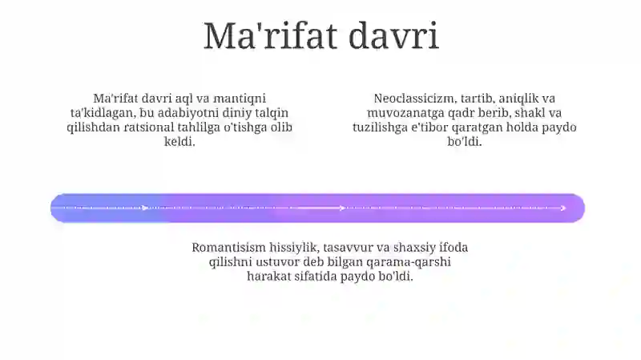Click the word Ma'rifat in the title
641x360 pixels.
click(x=270, y=36)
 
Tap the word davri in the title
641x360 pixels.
click(x=393, y=36)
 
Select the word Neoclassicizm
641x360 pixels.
click(x=415, y=99)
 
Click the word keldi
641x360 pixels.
click(x=179, y=142)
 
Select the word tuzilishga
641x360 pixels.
click(x=380, y=127)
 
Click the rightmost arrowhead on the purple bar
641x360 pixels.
click(x=563, y=208)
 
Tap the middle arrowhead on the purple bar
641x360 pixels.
click(x=343, y=208)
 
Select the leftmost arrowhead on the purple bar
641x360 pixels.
click(x=145, y=208)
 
